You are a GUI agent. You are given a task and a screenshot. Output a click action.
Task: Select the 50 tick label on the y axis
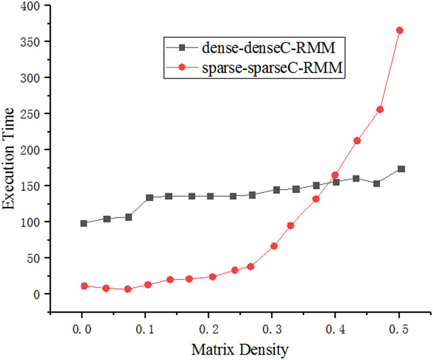36,258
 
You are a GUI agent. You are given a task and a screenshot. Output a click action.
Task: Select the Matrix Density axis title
240,349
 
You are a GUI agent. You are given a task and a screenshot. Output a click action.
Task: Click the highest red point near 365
400,30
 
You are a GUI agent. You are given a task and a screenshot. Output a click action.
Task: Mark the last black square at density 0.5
401,169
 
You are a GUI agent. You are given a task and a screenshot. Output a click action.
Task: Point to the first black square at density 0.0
83,223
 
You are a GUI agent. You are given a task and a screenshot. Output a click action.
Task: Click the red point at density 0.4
335,175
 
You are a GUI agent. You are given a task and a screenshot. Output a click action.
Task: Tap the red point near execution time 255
380,110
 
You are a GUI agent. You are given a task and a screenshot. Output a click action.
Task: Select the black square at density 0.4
336,182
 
